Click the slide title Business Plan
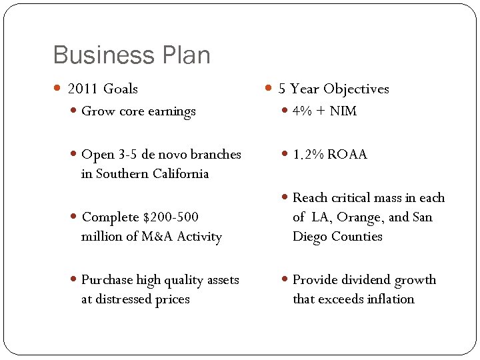(x=131, y=55)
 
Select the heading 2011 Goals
(x=103, y=89)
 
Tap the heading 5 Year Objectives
(x=333, y=89)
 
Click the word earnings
(x=173, y=112)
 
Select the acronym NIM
(x=343, y=111)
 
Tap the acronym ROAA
(x=347, y=155)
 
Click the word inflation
(x=388, y=299)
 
